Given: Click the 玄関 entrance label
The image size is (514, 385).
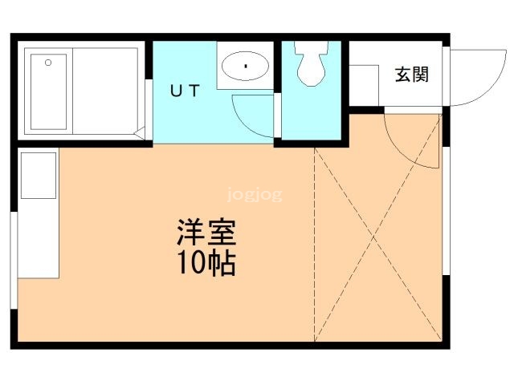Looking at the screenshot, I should (411, 75).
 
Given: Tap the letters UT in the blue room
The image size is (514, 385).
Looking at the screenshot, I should (184, 91).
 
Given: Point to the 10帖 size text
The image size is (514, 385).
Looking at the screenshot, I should (206, 263).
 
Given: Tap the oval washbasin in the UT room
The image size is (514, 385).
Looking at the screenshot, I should (245, 66).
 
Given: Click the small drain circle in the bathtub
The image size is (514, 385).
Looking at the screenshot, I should (48, 62).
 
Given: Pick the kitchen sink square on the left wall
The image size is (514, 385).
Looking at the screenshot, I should (39, 174).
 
